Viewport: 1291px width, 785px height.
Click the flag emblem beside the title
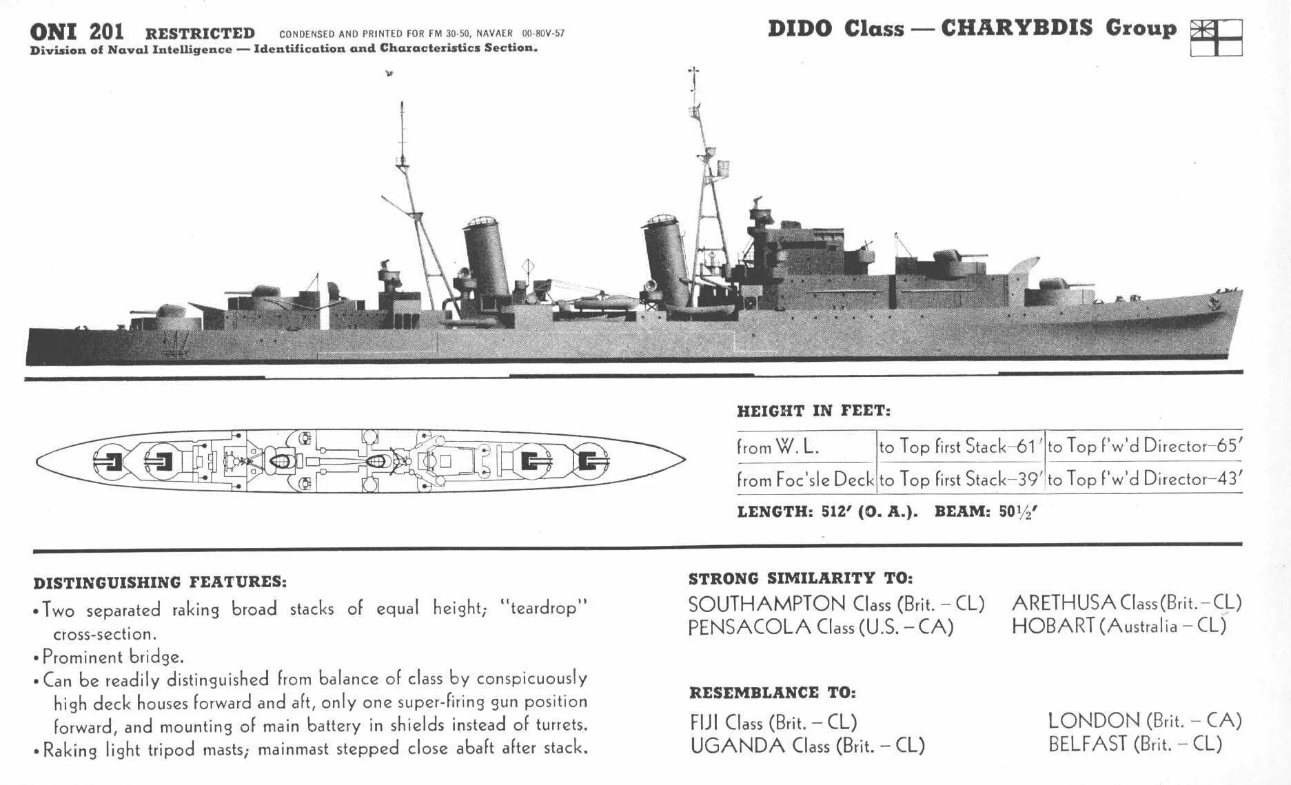[1216, 37]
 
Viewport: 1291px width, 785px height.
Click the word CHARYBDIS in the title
[1017, 28]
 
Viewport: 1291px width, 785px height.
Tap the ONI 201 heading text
[77, 32]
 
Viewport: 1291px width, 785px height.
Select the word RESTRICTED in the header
[200, 33]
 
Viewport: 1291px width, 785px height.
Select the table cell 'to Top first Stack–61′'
[959, 447]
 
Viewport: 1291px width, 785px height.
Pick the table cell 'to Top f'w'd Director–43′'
[1143, 479]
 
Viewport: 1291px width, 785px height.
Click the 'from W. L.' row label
[778, 447]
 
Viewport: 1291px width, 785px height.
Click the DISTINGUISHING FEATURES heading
[160, 582]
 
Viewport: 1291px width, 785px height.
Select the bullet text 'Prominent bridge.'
[113, 656]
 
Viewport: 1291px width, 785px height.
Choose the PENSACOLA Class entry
[820, 627]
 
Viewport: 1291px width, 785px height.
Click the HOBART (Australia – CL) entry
[1119, 626]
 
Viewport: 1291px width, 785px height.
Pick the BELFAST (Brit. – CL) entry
[1135, 744]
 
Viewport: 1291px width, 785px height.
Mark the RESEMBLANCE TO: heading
[772, 693]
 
